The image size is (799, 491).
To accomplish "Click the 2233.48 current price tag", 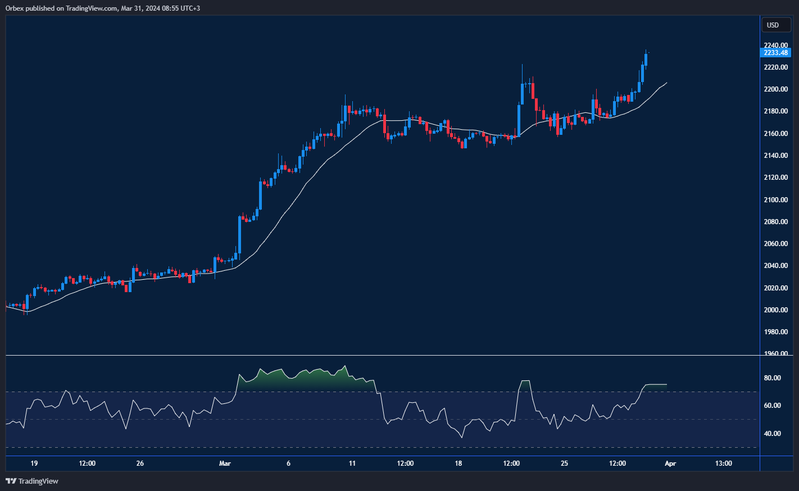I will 775,53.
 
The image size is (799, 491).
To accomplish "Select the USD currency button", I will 773,25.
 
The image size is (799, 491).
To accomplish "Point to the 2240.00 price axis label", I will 775,46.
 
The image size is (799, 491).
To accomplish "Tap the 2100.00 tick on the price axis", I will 775,200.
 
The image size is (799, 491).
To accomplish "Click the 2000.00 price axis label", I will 775,310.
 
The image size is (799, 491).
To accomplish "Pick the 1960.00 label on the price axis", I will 775,353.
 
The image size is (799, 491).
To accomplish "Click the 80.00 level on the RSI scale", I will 772,378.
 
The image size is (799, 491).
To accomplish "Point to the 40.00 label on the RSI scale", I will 772,434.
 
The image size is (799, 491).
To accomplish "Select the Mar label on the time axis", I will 225,463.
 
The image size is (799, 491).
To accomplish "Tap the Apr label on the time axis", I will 670,463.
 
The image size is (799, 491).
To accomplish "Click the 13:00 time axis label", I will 723,463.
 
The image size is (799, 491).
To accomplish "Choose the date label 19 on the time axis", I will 34,463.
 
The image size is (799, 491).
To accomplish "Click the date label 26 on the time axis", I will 140,463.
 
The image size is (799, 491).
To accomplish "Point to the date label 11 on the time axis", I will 352,463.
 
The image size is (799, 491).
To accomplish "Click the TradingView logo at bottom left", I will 32,481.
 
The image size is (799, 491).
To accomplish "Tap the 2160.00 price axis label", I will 775,134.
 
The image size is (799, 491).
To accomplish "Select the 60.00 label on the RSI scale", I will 772,406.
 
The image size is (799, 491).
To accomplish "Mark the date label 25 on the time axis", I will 564,463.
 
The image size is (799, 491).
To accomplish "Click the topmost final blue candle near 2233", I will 646,59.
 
